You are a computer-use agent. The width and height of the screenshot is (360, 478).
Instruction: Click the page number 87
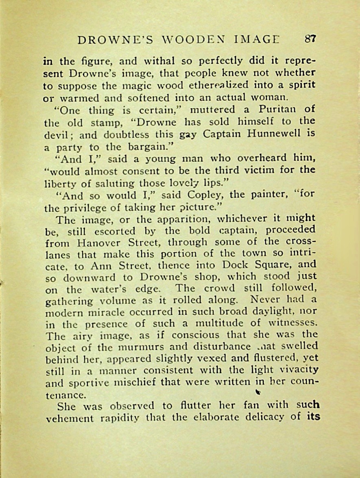pyautogui.click(x=310, y=39)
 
